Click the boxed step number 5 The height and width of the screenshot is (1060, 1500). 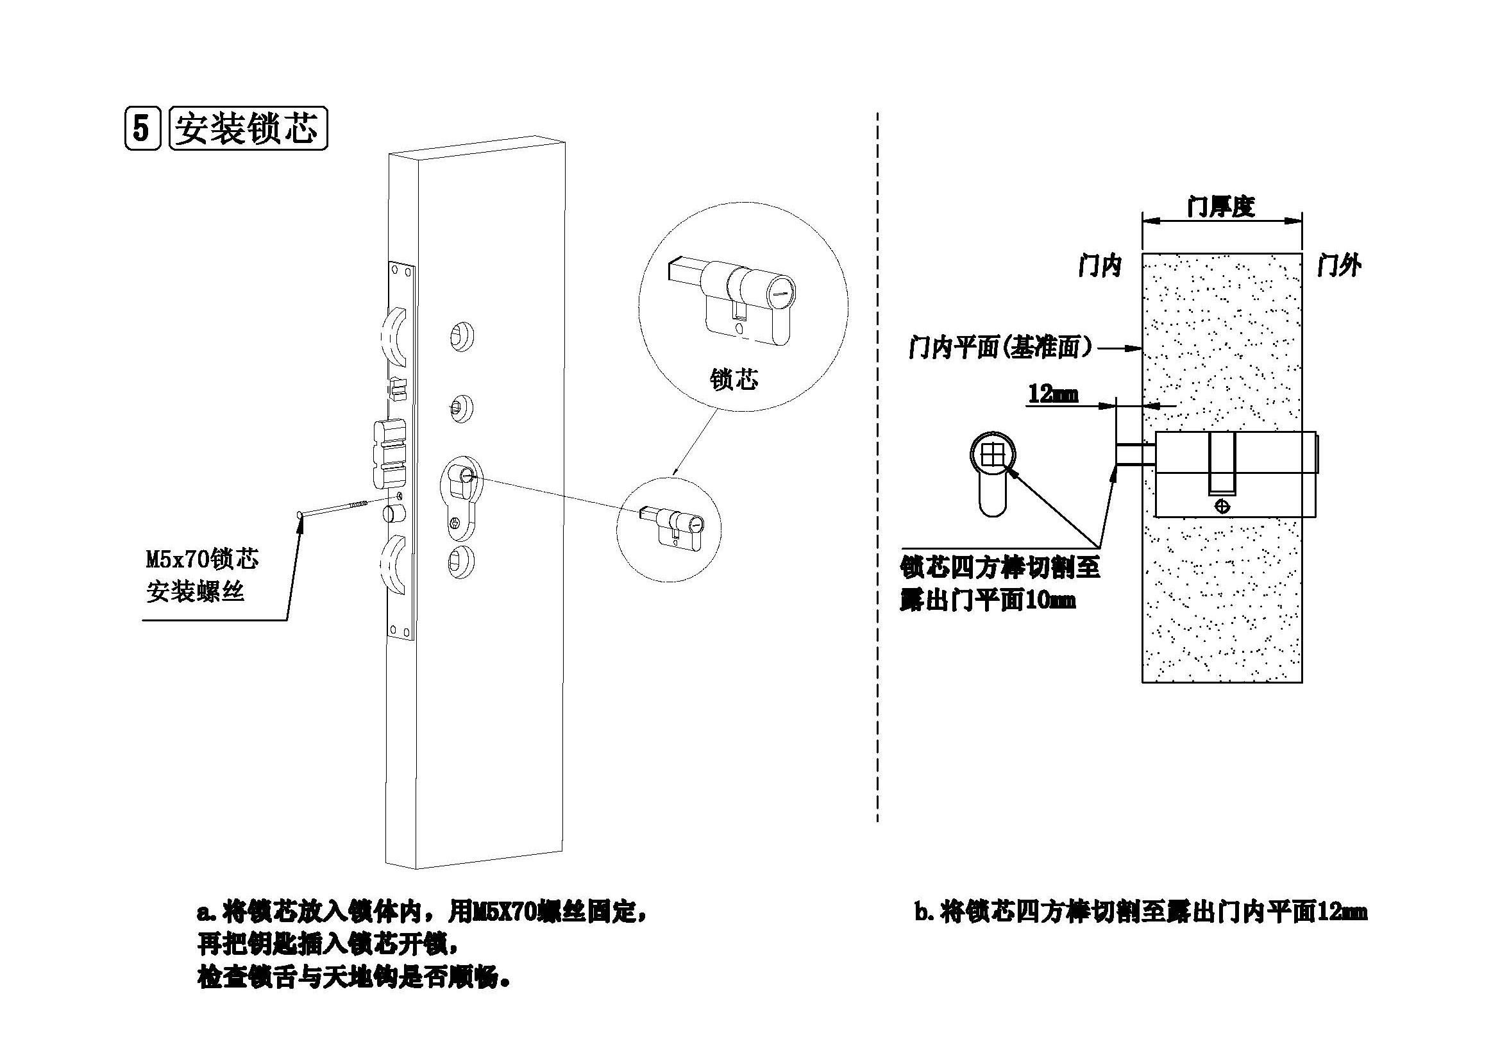click(142, 129)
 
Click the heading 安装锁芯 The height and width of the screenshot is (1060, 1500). click(248, 130)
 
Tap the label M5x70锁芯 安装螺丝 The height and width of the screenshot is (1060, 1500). click(201, 575)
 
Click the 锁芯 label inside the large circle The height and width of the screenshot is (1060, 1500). click(734, 379)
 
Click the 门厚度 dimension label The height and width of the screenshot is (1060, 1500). click(1220, 207)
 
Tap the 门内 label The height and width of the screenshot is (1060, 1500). click(1100, 266)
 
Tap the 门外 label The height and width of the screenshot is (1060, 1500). click(1340, 266)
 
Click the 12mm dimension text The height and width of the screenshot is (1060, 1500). click(1052, 394)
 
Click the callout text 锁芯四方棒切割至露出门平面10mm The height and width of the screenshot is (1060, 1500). click(999, 582)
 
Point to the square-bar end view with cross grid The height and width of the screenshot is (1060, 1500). click(991, 453)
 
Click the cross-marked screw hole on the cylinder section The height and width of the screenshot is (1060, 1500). click(1222, 506)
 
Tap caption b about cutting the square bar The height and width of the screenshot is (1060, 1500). click(1140, 913)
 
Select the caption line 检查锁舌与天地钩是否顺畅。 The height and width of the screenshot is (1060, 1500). click(353, 979)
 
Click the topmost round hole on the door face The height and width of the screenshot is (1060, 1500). click(462, 336)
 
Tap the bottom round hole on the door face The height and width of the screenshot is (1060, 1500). click(462, 562)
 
